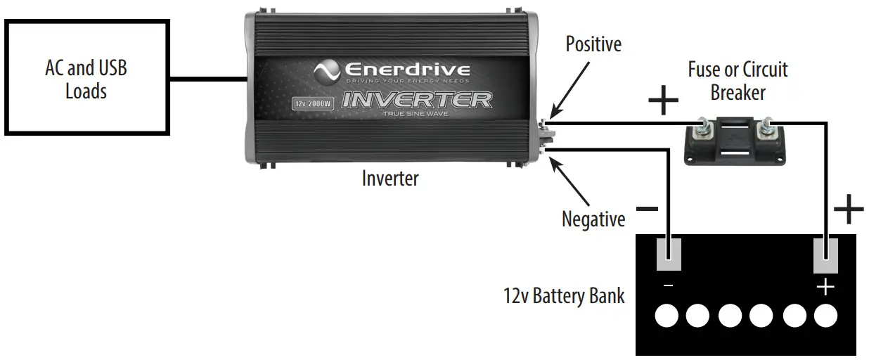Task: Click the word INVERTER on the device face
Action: pos(417,100)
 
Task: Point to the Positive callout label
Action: pos(593,45)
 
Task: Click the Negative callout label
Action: pos(593,219)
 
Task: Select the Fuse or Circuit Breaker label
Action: pos(738,80)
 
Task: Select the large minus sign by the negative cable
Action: pos(646,209)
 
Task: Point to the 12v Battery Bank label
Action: pos(564,295)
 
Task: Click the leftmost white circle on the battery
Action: pos(666,316)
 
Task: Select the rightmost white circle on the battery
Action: pos(825,316)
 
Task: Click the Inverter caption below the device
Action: pos(390,178)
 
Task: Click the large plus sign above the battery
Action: pos(848,209)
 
